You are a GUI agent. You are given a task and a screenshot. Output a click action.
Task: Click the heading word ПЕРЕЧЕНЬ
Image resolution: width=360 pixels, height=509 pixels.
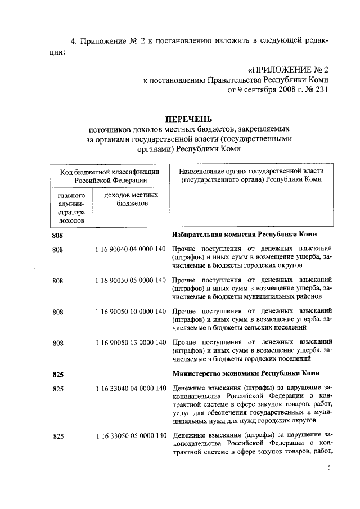click(188, 119)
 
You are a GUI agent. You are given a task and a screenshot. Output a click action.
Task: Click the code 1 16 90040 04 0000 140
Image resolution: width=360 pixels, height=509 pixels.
click(130, 249)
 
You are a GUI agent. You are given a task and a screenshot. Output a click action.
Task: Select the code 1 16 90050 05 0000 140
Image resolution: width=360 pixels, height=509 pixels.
click(130, 280)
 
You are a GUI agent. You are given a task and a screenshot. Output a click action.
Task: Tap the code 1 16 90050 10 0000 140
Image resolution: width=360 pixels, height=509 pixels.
click(130, 311)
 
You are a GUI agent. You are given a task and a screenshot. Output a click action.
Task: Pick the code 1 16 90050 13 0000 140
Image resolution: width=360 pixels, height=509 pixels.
click(130, 342)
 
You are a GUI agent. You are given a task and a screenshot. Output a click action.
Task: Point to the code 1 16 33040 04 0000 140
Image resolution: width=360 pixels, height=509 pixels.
click(130, 388)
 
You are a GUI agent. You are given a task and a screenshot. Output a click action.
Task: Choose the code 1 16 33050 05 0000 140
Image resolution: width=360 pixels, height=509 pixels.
click(130, 435)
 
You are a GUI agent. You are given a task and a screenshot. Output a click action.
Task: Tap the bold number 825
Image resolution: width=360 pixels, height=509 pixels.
click(58, 373)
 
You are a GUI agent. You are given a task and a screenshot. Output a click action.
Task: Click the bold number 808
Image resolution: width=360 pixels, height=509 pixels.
click(58, 234)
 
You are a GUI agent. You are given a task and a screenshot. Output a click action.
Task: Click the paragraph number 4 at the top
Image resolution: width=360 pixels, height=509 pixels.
click(73, 42)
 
